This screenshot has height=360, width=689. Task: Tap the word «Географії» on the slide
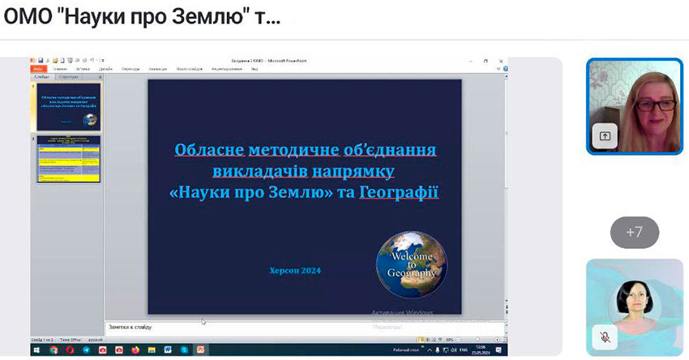click(399, 193)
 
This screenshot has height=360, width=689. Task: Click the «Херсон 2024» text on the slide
click(294, 270)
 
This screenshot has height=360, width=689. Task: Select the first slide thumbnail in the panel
click(69, 106)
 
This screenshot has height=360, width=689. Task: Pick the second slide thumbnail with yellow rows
click(69, 159)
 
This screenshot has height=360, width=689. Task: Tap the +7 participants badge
click(634, 232)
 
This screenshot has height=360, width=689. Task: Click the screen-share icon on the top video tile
click(605, 136)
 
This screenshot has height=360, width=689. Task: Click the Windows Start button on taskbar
click(36, 349)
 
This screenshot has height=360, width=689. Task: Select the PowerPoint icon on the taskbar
click(201, 349)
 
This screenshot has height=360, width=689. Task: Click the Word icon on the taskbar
click(169, 349)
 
